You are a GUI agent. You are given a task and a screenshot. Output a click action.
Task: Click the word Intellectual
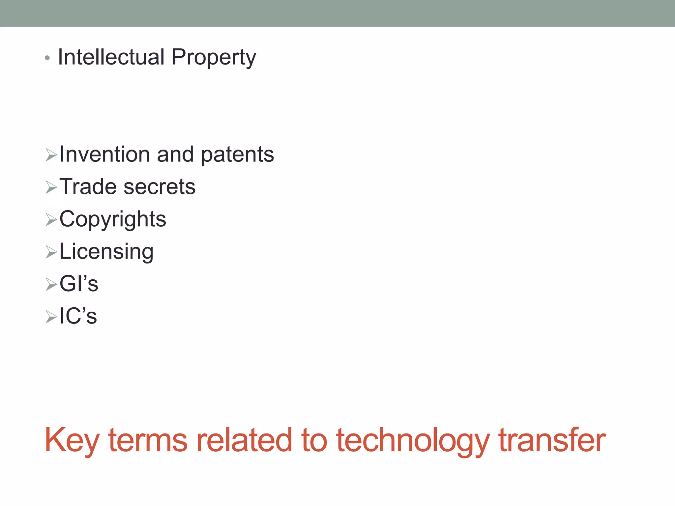(111, 57)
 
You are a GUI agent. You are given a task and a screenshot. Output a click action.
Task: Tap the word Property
(214, 58)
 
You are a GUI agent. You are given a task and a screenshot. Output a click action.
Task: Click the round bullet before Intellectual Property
(47, 58)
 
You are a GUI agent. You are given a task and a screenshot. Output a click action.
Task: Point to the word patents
(237, 155)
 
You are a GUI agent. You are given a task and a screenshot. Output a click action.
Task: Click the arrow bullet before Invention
(51, 155)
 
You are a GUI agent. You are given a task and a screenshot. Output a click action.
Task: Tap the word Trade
(88, 186)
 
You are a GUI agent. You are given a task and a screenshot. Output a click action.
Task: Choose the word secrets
(159, 187)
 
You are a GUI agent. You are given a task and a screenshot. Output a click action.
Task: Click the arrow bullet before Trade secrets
(51, 187)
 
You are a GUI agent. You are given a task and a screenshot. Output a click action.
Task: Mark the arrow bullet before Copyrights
(51, 220)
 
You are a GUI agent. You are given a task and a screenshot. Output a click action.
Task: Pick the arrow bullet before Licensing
(51, 252)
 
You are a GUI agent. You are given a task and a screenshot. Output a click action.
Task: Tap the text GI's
(79, 284)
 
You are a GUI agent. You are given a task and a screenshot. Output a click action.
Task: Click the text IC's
(78, 316)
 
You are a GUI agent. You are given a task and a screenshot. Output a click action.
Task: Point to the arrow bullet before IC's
(51, 317)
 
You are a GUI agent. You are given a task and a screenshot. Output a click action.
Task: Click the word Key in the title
(72, 441)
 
